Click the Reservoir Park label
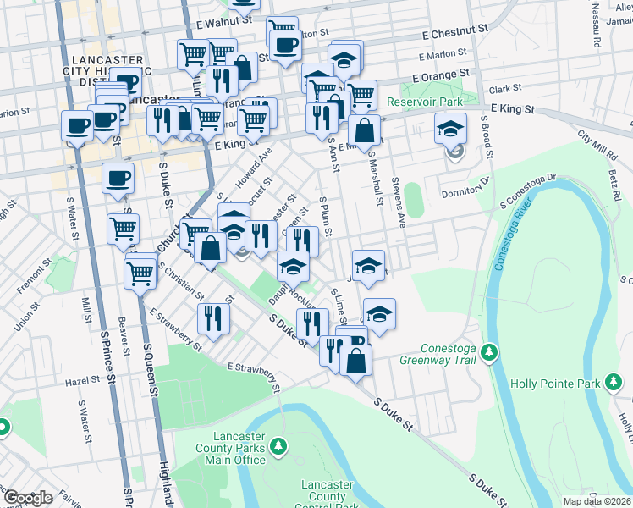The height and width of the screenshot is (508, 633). coord(425,102)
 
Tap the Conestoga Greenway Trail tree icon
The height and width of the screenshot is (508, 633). coord(488,351)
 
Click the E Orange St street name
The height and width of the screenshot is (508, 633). coord(440,75)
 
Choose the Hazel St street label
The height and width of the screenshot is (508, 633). coord(83,382)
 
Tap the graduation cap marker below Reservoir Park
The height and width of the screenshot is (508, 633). coord(450,130)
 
